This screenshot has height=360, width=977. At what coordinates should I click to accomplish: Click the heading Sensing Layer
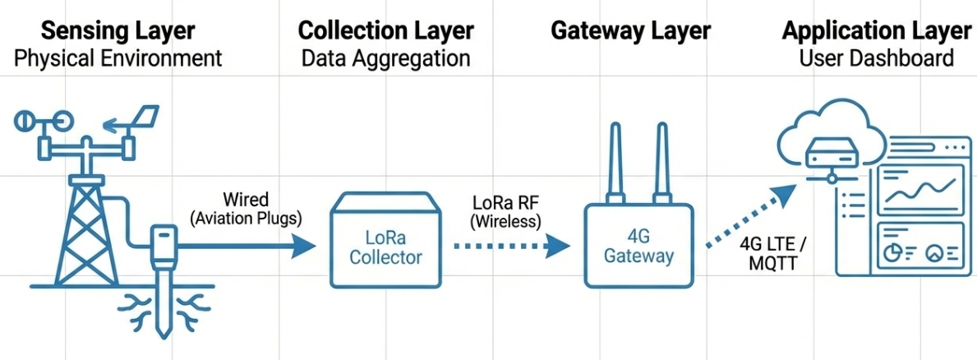click(x=118, y=31)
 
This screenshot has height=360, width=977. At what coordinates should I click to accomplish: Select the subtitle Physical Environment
click(x=118, y=58)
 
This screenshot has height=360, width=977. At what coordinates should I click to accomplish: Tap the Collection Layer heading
click(x=385, y=31)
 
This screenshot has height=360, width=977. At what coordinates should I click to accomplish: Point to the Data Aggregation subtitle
click(x=385, y=58)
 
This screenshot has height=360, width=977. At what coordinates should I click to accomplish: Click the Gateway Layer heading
click(x=630, y=31)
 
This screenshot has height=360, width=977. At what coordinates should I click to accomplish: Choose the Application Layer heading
click(x=876, y=31)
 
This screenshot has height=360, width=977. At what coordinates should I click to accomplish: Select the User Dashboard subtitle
click(x=876, y=58)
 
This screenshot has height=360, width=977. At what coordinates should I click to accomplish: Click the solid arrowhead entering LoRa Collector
click(x=305, y=244)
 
